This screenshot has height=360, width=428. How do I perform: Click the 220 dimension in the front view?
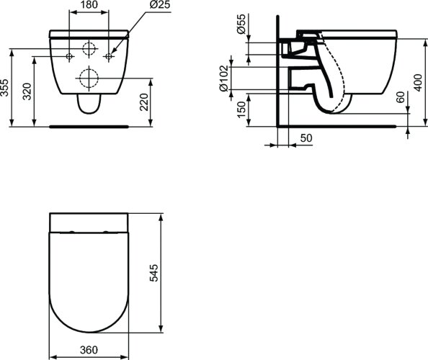click(x=145, y=102)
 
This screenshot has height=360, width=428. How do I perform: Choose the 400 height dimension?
click(x=417, y=82)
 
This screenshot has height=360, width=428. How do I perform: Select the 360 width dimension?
click(x=89, y=351)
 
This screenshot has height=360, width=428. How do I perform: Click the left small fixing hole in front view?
click(x=69, y=55)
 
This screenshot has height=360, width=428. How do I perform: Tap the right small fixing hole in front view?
click(x=109, y=55)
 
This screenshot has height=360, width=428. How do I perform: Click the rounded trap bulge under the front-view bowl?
click(x=89, y=107)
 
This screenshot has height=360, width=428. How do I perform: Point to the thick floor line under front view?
click(x=89, y=126)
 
